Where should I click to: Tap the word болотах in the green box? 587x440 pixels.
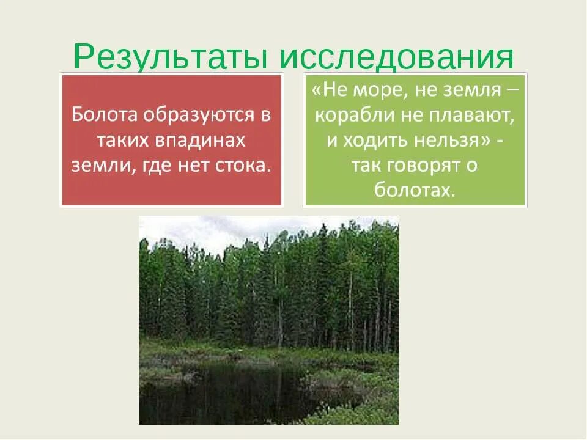coord(416,189)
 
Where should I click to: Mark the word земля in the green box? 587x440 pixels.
coord(469,92)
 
